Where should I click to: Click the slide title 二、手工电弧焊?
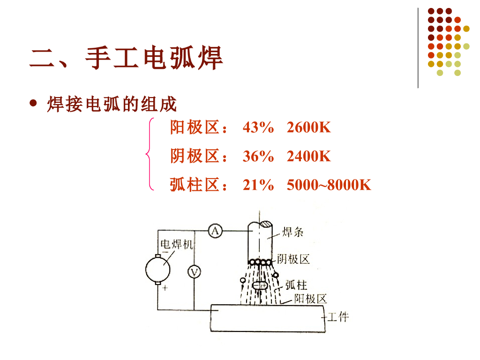pyautogui.click(x=126, y=58)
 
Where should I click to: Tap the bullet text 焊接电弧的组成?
pyautogui.click(x=112, y=104)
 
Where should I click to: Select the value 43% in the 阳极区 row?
pyautogui.click(x=258, y=127)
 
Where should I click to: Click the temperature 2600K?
pyautogui.click(x=308, y=127)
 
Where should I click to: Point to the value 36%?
pyautogui.click(x=258, y=157)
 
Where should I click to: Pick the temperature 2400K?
pyautogui.click(x=308, y=157)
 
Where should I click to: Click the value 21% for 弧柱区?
pyautogui.click(x=258, y=186)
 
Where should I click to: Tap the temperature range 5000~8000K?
pyautogui.click(x=329, y=186)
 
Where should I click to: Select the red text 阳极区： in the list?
pyautogui.click(x=199, y=127)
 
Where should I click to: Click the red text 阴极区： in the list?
pyautogui.click(x=199, y=157)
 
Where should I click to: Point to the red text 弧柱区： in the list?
pyautogui.click(x=199, y=186)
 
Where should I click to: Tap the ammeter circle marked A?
pyautogui.click(x=215, y=231)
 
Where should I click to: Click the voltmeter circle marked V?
pyautogui.click(x=194, y=272)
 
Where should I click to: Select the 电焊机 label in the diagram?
pyautogui.click(x=176, y=245)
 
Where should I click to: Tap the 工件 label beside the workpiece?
pyautogui.click(x=337, y=317)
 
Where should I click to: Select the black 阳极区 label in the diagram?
pyautogui.click(x=310, y=299)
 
